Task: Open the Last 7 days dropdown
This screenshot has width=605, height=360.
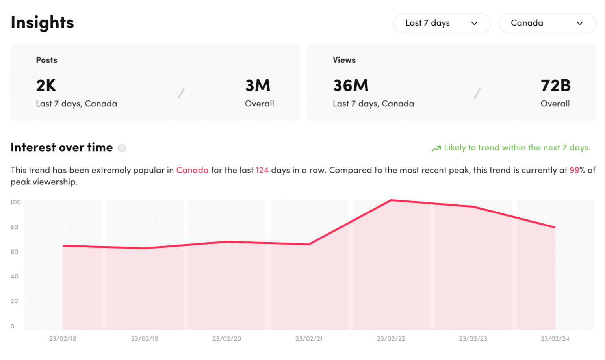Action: tap(442, 23)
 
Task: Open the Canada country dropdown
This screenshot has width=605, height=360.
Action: tap(547, 23)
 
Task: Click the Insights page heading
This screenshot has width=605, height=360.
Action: tap(42, 22)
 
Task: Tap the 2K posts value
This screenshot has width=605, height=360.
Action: tap(46, 85)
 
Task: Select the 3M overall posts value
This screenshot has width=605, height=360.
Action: tap(258, 85)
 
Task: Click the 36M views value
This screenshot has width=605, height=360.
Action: tap(351, 85)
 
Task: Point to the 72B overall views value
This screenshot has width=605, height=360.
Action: tap(555, 85)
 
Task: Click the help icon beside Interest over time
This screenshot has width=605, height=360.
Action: tap(122, 148)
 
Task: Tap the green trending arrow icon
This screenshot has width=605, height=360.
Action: tap(436, 148)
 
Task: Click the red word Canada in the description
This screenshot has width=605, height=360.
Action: tap(192, 170)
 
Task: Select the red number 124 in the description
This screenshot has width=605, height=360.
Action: tap(262, 170)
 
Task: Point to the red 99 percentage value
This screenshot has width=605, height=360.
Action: tap(574, 170)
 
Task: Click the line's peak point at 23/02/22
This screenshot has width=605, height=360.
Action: tap(391, 200)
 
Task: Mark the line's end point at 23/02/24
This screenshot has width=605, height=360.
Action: tap(555, 227)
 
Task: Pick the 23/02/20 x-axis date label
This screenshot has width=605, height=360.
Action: tap(227, 339)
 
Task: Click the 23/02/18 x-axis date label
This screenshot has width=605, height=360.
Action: tap(63, 339)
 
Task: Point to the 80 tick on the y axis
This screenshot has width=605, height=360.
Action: tap(15, 227)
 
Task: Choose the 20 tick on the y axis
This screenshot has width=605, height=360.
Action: tap(15, 301)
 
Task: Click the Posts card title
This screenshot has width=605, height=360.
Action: tap(46, 60)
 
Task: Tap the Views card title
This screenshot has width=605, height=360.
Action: tap(344, 60)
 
